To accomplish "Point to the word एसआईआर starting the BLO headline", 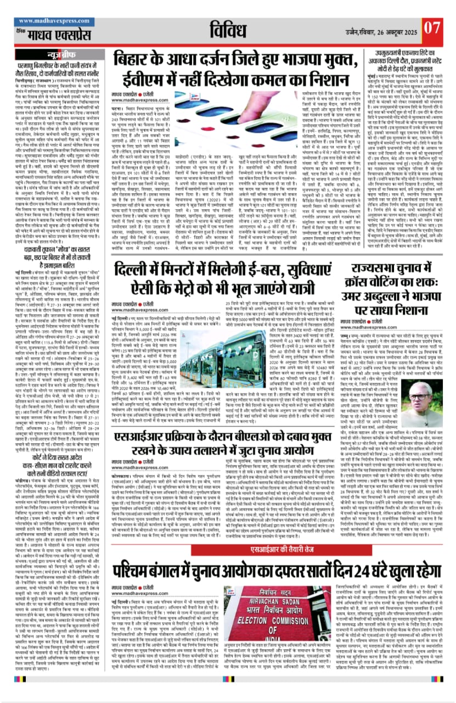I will (142, 438).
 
